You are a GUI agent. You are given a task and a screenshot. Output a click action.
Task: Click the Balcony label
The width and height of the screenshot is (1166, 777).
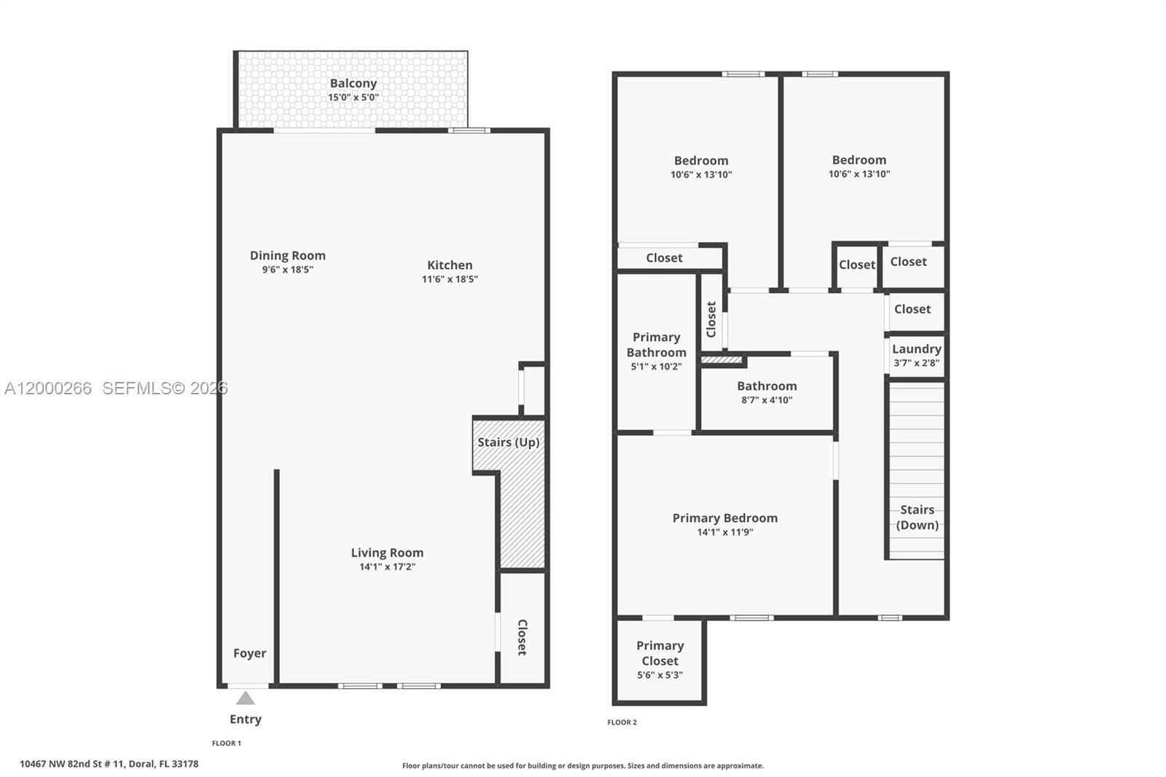click(x=353, y=84)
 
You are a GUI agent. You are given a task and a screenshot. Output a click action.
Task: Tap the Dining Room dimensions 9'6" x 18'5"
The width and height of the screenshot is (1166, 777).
click(x=288, y=270)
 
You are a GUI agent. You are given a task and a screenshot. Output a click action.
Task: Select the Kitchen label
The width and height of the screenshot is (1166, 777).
click(x=450, y=265)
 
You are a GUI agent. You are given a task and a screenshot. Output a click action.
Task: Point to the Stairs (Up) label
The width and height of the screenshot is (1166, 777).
click(x=508, y=442)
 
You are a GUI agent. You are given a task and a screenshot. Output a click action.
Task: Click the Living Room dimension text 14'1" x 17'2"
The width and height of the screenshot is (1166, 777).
click(x=387, y=567)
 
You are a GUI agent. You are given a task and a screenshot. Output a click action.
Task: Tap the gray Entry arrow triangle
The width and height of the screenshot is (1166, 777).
click(x=246, y=698)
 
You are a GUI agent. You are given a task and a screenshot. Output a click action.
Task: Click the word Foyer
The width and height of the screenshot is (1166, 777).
click(x=249, y=654)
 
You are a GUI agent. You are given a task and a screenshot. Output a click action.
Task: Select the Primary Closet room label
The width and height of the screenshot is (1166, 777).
click(x=660, y=653)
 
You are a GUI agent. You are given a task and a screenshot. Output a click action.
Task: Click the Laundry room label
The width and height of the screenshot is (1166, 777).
click(x=916, y=349)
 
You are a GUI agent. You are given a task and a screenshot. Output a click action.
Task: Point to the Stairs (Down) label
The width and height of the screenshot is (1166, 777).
click(x=917, y=518)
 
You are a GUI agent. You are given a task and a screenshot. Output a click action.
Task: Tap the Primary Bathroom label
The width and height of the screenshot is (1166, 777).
click(x=656, y=345)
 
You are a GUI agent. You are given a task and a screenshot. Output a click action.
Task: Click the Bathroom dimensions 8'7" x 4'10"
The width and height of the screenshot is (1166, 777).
click(x=767, y=400)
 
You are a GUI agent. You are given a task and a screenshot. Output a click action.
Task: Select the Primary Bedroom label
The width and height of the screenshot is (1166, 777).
click(x=724, y=518)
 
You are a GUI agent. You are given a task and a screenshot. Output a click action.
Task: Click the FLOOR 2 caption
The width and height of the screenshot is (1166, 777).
click(x=622, y=722)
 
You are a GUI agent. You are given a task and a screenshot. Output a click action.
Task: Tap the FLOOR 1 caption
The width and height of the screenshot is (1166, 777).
click(x=226, y=743)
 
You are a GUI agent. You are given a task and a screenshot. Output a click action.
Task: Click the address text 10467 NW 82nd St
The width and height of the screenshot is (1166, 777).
click(x=109, y=764)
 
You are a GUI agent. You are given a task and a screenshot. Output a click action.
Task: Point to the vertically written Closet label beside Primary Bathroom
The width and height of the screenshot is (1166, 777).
click(x=712, y=319)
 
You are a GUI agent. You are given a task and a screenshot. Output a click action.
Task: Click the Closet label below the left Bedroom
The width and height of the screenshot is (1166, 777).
click(x=664, y=258)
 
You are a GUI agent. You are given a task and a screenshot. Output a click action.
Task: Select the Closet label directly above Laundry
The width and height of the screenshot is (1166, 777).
click(x=912, y=309)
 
